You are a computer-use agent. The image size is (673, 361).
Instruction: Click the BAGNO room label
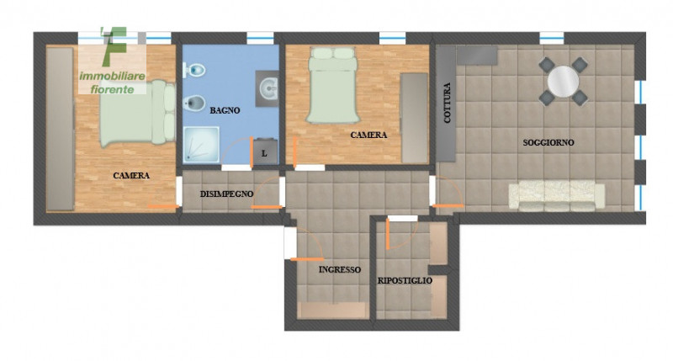pos(225,110)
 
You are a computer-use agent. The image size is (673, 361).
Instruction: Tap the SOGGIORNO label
pos(548,142)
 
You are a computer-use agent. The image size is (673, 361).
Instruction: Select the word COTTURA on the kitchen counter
pos(448,103)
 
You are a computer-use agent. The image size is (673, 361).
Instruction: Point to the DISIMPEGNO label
pos(226,194)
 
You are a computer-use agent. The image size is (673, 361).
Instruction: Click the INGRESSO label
pos(340,269)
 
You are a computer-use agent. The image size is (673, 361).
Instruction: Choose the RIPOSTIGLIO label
pos(405,281)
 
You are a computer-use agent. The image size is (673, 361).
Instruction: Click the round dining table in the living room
pos(563,82)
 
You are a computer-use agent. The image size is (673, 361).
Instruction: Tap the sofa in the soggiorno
pos(557,196)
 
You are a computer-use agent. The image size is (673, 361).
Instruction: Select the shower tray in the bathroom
pos(201,145)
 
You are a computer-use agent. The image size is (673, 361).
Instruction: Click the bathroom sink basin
pos(268,89)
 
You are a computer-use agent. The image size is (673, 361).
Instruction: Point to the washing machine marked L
pos(264,151)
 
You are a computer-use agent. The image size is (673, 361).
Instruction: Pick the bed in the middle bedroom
pos(332,85)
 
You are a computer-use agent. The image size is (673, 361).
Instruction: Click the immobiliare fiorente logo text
pos(113,82)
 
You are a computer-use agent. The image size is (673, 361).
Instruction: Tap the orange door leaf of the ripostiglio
pos(387,234)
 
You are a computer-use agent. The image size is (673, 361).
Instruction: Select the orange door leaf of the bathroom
pos(252,152)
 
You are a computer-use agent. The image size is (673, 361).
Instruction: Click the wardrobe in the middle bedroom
pos(415,118)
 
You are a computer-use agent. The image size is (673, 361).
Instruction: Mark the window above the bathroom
pos(260,38)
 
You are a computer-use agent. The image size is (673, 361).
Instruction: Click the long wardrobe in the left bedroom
pos(60,129)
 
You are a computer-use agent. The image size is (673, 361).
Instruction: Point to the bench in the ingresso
pos(331,310)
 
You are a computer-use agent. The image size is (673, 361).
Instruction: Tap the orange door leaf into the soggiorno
pos(448,206)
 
